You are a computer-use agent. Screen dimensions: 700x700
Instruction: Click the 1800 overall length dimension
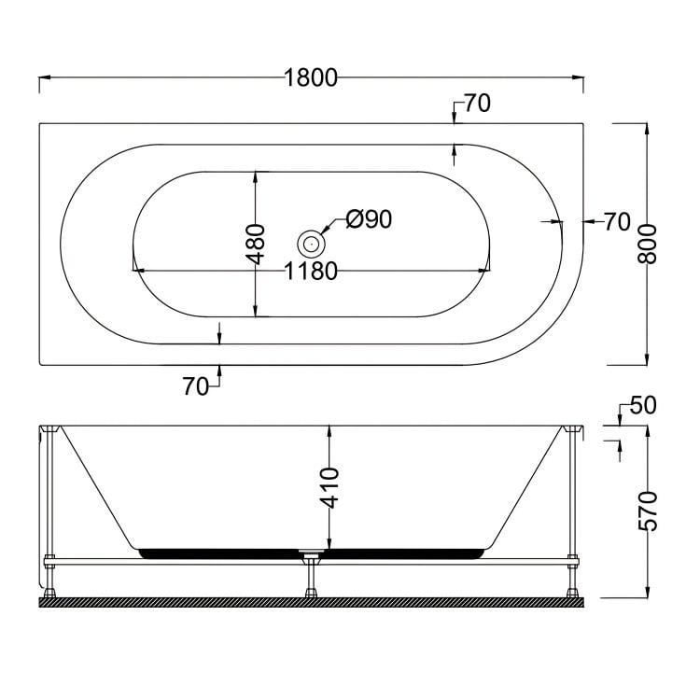311,78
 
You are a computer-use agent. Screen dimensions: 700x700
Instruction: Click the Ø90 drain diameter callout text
367,219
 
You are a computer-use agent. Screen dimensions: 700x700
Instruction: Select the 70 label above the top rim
475,105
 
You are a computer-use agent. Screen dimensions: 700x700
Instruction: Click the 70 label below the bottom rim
196,387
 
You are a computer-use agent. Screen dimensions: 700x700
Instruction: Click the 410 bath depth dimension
329,487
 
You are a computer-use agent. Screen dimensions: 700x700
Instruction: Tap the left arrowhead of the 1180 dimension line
137,272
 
